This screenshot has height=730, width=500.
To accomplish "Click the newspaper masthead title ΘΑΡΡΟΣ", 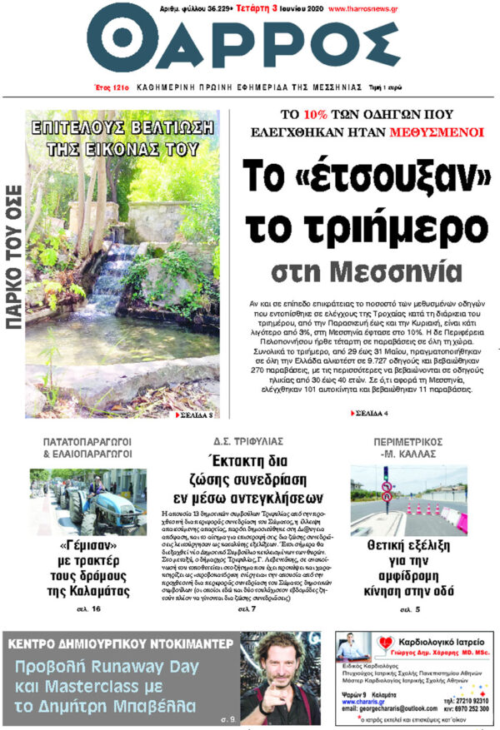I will coord(250,45).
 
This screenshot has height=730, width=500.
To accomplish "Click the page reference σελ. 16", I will coord(91,609).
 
